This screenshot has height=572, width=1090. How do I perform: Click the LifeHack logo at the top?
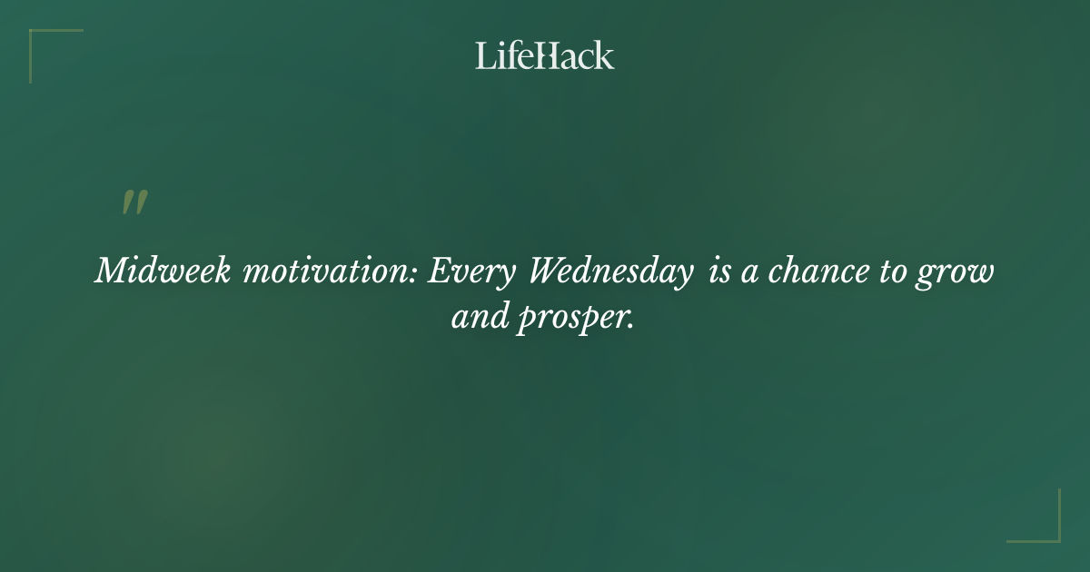[x=545, y=56]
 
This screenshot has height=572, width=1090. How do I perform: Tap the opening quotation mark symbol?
[x=134, y=203]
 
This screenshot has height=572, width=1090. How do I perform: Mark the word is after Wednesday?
[x=719, y=271]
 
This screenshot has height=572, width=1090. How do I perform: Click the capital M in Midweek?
[x=110, y=271]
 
